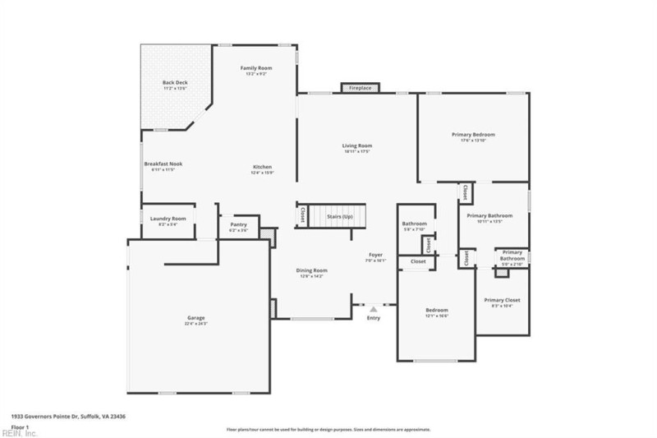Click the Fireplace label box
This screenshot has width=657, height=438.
pos(360,88)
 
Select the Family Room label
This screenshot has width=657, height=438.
pos(255,68)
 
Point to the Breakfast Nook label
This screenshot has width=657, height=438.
pos(163,164)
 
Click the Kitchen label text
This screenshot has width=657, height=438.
pos(262,168)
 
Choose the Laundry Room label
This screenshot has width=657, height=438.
pos(168,219)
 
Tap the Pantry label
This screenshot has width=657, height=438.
pos(239,224)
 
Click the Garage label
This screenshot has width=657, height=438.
pos(195,318)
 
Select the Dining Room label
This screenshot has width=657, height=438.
pos(312,270)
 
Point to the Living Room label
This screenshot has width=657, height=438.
pos(357,146)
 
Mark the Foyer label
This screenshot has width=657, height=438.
pos(375,256)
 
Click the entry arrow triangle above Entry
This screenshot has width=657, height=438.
pos(373,309)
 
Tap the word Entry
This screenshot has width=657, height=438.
pos(373,318)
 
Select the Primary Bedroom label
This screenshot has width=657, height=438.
pos(473,135)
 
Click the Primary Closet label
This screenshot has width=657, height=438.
pos(502,300)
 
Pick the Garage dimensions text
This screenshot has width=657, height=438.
pos(195,324)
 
